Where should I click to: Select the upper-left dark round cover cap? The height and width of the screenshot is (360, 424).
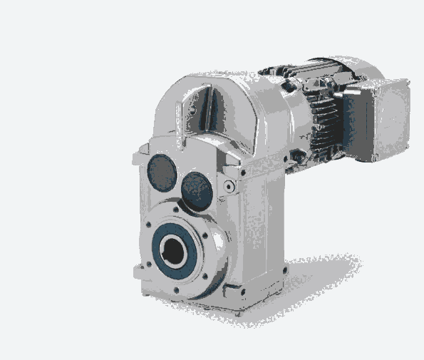[161, 172]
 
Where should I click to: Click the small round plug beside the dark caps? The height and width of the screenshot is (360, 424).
[228, 187]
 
